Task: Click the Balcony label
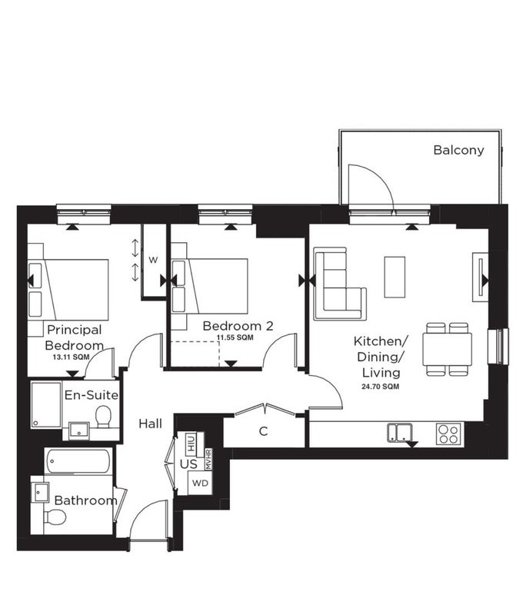click(x=458, y=150)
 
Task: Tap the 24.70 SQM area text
click(x=381, y=387)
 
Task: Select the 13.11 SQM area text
click(x=71, y=357)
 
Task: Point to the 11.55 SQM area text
click(x=235, y=337)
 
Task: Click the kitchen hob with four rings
click(x=448, y=434)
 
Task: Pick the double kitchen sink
click(x=400, y=433)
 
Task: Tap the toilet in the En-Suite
click(x=104, y=417)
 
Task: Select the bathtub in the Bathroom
click(x=78, y=461)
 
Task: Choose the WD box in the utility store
click(x=200, y=483)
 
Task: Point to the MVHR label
click(x=208, y=459)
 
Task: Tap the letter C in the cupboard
click(x=264, y=431)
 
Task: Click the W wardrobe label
click(x=153, y=260)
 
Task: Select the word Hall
click(x=150, y=424)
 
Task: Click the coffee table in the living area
click(x=394, y=277)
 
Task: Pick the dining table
click(x=447, y=349)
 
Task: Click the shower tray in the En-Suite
click(x=46, y=404)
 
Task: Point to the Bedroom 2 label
click(x=238, y=326)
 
